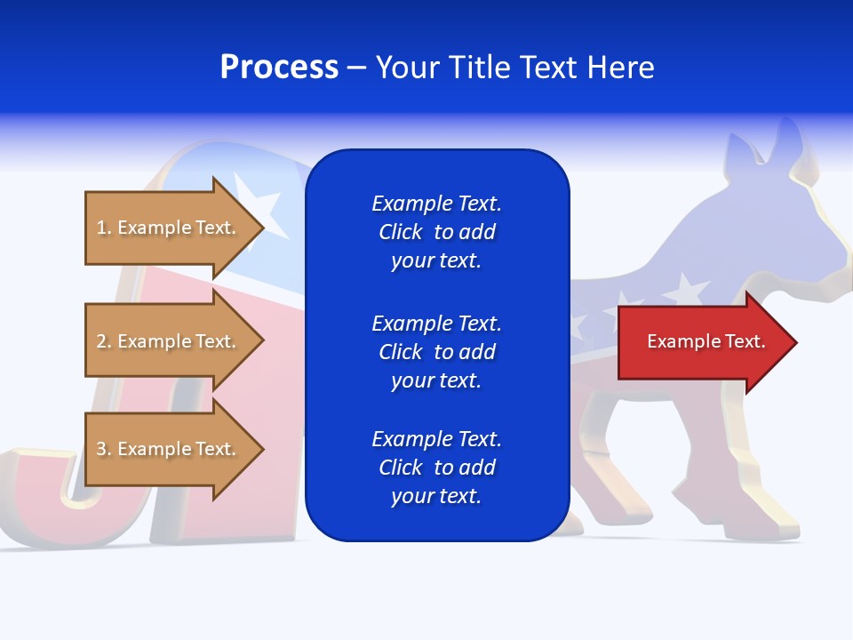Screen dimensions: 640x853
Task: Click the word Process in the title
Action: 279,68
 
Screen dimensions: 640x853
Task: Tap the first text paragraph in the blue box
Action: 436,232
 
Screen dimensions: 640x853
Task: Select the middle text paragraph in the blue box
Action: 436,352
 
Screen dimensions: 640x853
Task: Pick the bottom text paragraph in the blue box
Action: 436,468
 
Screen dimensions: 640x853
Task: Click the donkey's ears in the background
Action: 764,147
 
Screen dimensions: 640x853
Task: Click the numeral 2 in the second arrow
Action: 101,341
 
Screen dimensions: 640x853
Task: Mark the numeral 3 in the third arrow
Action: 101,449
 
